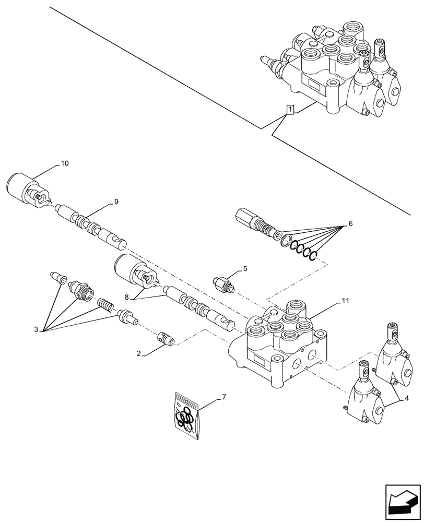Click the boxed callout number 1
tap(289, 109)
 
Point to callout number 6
tap(350, 223)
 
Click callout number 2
tap(139, 354)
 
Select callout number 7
tap(224, 398)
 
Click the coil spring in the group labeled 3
tap(105, 305)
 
